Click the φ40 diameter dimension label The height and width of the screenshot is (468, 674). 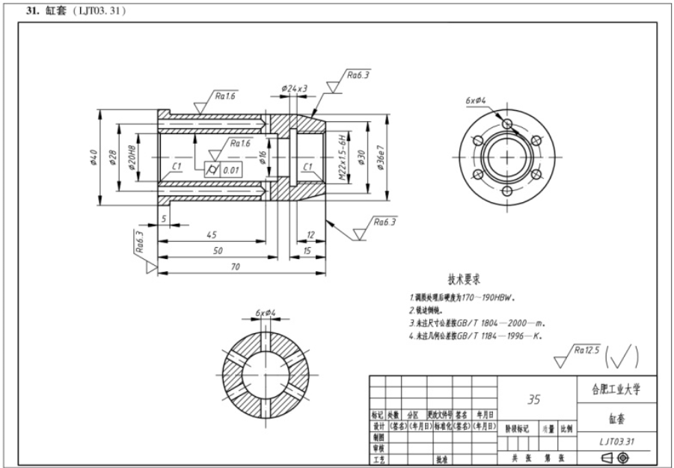(x=94, y=159)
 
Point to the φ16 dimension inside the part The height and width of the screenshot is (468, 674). (x=263, y=157)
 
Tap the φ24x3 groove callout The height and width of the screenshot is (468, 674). (x=295, y=88)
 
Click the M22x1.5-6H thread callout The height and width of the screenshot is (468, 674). (x=342, y=159)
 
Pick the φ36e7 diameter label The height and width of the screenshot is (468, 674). (x=381, y=158)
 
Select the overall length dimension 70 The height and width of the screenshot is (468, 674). (x=236, y=266)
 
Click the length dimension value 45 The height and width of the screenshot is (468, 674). (x=212, y=235)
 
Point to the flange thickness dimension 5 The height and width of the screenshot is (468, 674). (x=163, y=219)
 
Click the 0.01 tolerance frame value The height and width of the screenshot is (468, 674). (x=231, y=170)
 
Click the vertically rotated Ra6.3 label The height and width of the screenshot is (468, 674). (x=140, y=243)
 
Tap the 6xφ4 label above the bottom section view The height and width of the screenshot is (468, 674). (x=266, y=312)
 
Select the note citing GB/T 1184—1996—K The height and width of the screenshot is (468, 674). (x=475, y=335)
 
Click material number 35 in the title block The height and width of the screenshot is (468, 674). (x=533, y=400)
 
